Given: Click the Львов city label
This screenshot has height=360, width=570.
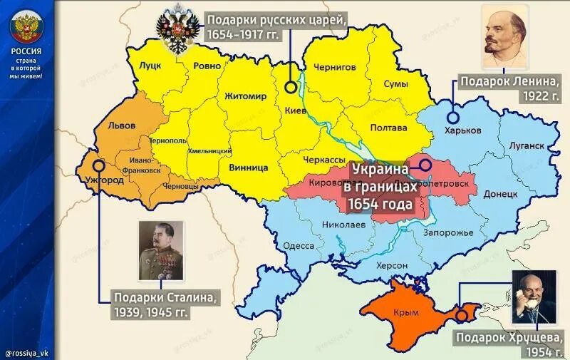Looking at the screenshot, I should click(x=122, y=125).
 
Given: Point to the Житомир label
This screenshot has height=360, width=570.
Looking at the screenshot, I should click(x=245, y=96).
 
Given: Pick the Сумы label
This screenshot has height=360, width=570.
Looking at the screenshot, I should click(x=396, y=84).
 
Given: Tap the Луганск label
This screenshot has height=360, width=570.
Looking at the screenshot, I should click(x=527, y=145).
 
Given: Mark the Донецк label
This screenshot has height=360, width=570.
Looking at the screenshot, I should click(x=500, y=193).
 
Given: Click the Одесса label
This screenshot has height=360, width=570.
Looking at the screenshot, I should click(x=299, y=245).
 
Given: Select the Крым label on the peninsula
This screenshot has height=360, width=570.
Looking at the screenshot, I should click(x=406, y=312).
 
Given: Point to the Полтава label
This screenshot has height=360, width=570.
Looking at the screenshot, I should click(x=389, y=128).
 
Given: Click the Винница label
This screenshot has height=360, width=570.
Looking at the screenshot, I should click(x=249, y=168).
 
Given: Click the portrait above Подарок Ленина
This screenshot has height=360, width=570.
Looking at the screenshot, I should click(x=509, y=36).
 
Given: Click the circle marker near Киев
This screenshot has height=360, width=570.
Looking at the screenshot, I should click(x=291, y=87).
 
